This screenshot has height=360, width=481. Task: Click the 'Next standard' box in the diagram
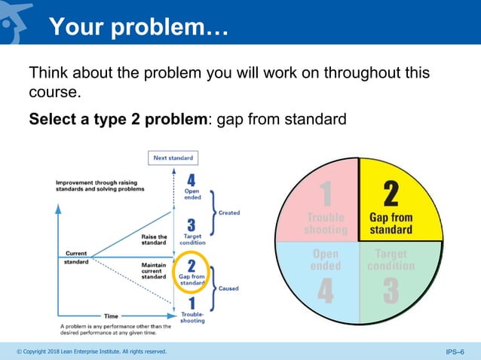coord(173,159)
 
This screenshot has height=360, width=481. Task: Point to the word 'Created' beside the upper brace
coord(229,213)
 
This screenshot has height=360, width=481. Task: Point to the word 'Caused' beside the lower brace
coord(229,288)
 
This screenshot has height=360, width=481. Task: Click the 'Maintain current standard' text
coord(155,270)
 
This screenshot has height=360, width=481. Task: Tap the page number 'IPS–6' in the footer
coord(456,352)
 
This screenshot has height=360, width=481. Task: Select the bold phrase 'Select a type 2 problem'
coord(121,120)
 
